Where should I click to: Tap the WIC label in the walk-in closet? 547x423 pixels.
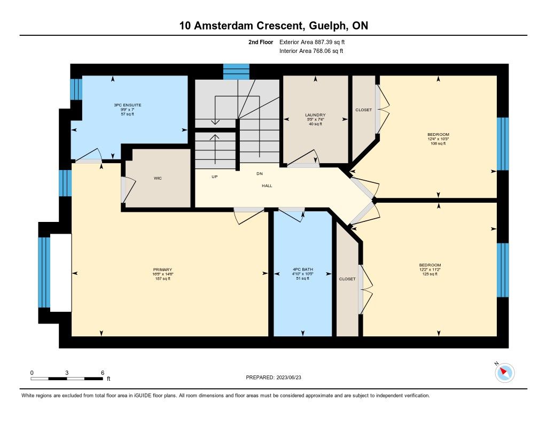coord(158,178)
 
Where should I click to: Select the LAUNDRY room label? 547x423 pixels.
coord(315,115)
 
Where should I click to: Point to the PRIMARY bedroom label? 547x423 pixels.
coord(162,270)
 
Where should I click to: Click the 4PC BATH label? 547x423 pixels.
coord(303,270)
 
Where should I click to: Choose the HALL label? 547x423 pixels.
coord(267,186)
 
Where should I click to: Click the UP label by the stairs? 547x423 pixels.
coord(214,176)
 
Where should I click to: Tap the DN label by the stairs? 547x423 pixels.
coord(260,174)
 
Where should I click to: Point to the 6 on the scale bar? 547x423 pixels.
coord(102,372)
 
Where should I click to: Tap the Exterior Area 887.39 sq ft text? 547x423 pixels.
coord(316,42)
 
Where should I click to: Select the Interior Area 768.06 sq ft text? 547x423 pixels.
coord(311,51)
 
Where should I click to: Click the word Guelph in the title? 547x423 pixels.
coord(321,25)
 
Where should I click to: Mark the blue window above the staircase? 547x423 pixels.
coord(236,71)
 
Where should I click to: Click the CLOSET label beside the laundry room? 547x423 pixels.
coord(363,110)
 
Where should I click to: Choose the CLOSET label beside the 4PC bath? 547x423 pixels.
coord(347,279)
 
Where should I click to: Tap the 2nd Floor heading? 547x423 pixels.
coord(260,42)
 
